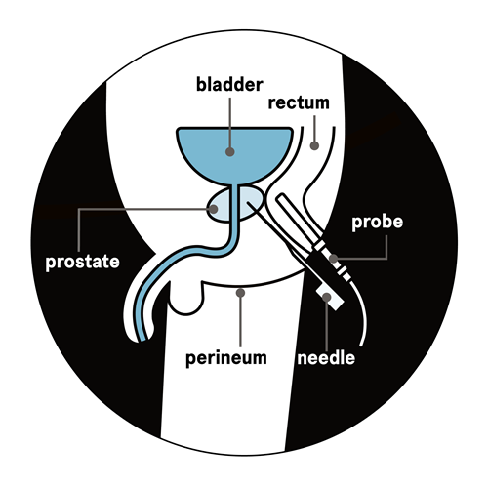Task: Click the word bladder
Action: click(x=229, y=85)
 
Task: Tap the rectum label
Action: click(x=299, y=102)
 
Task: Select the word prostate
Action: click(x=83, y=263)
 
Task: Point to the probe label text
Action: click(x=378, y=223)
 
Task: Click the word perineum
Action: click(x=226, y=358)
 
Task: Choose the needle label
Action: click(x=326, y=358)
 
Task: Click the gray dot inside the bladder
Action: click(x=230, y=151)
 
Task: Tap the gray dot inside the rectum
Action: click(x=314, y=145)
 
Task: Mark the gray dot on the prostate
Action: click(x=213, y=209)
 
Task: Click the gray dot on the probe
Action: click(x=334, y=259)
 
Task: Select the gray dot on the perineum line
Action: click(x=240, y=293)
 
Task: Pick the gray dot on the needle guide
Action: click(x=326, y=297)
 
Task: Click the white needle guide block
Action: click(x=330, y=297)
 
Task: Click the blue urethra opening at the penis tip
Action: click(x=142, y=340)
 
